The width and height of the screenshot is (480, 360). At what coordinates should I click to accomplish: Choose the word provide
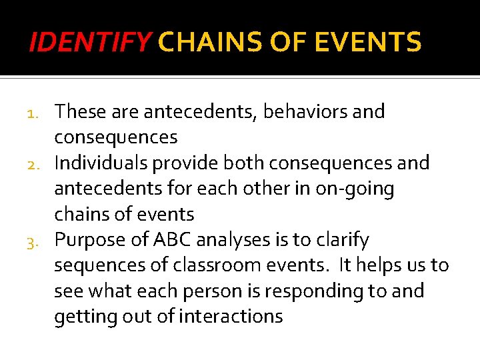pyautogui.click(x=195, y=163)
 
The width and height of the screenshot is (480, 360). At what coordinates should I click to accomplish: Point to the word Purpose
pyautogui.click(x=90, y=239)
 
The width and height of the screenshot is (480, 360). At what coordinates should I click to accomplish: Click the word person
pyautogui.click(x=217, y=291)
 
